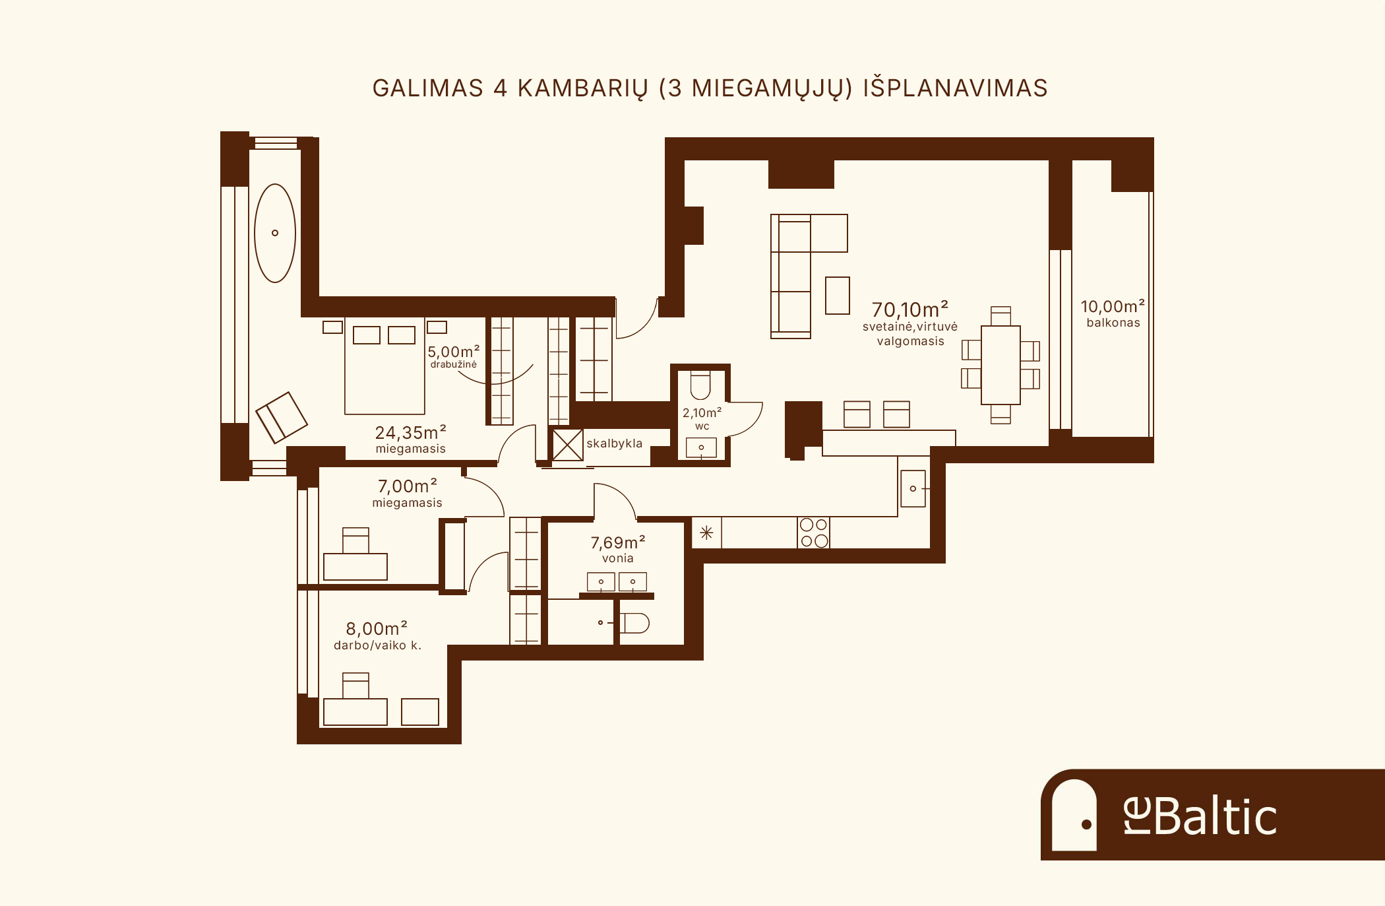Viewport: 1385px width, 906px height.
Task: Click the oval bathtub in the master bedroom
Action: (x=275, y=233)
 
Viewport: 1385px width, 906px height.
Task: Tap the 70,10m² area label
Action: (x=910, y=309)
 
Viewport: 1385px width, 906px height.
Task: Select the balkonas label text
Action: (x=1113, y=323)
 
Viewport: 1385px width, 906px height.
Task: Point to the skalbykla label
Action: (x=614, y=443)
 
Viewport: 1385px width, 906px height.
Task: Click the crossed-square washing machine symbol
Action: (x=567, y=445)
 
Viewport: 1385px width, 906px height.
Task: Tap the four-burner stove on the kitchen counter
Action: (x=813, y=533)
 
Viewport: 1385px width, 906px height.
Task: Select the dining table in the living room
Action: (x=1000, y=365)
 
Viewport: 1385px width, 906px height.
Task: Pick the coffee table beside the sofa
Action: (x=838, y=295)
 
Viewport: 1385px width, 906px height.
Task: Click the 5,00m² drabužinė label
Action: (x=454, y=356)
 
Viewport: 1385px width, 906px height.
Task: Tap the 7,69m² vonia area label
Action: (x=618, y=549)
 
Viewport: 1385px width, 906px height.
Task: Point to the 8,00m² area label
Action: (x=377, y=628)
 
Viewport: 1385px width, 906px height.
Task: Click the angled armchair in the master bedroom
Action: (x=282, y=417)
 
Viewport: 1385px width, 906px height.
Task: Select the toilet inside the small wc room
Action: (x=700, y=386)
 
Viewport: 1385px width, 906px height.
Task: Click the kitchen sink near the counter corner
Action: (x=913, y=488)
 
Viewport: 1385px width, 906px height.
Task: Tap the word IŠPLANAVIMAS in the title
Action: (x=956, y=88)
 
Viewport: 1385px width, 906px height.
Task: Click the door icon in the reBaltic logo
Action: (x=1074, y=814)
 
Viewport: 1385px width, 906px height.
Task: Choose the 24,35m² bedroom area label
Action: (x=410, y=433)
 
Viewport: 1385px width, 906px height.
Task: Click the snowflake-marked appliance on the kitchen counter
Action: (x=706, y=533)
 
